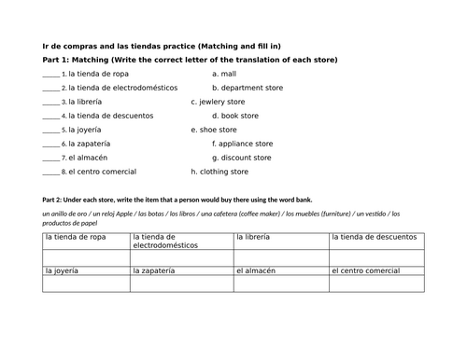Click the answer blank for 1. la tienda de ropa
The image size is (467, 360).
50,74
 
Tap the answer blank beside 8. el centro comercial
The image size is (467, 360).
50,173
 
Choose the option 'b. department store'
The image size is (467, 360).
247,88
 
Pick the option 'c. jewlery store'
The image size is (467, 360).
218,102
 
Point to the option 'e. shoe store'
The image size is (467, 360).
214,130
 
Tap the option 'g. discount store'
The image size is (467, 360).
241,158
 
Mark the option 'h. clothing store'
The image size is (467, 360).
219,172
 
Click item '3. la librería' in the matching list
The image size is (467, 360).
82,102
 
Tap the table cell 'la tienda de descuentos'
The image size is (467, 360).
374,237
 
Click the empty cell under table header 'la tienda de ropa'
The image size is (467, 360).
87,257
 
